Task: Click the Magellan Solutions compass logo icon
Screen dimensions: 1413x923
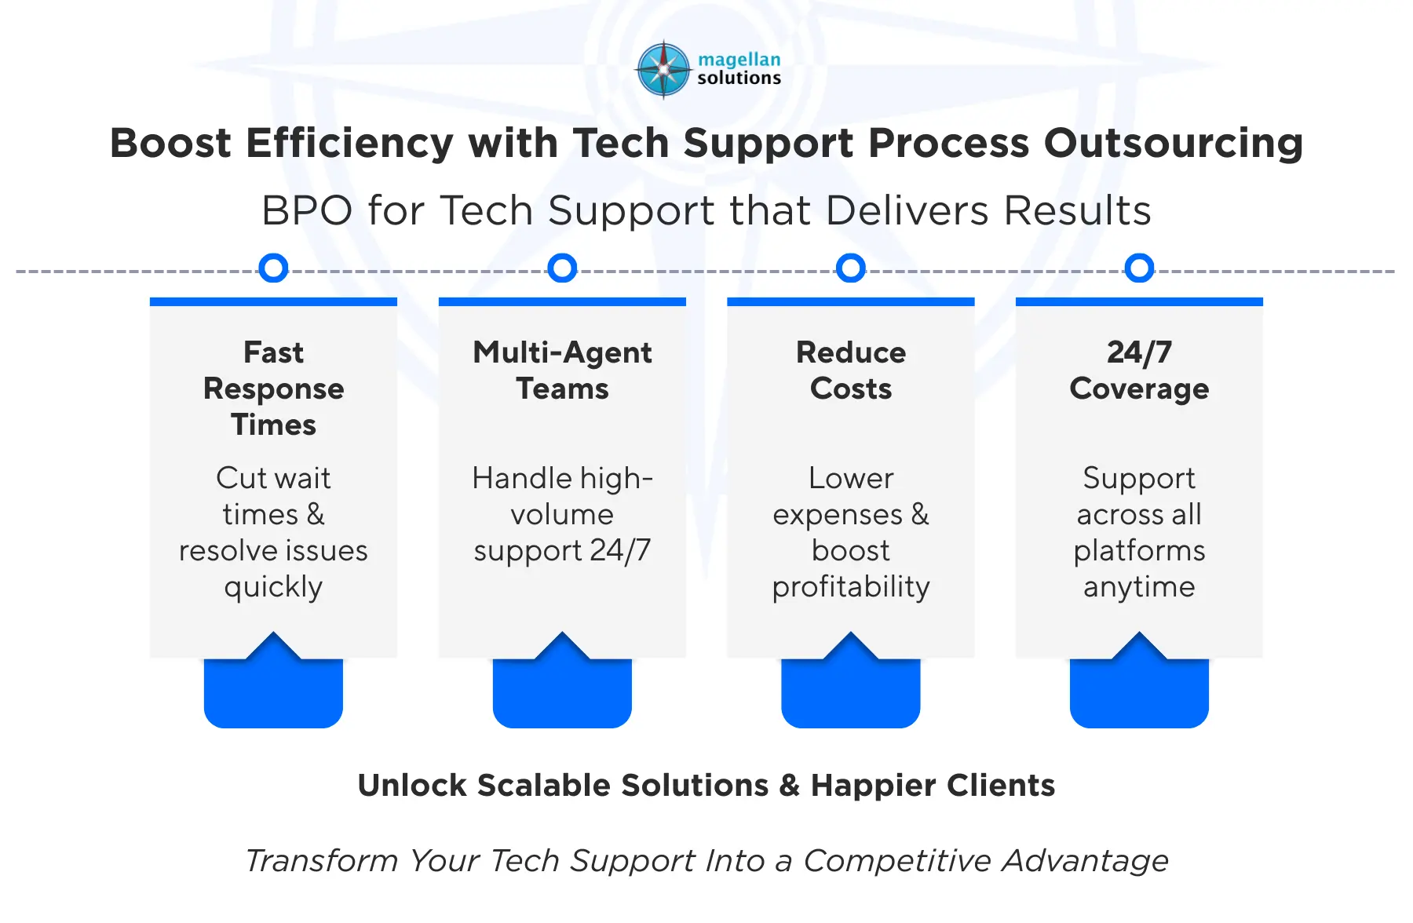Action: point(664,70)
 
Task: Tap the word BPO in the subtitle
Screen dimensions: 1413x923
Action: point(307,211)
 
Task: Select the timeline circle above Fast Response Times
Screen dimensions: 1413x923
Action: point(273,268)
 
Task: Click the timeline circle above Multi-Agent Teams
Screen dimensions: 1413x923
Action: point(562,268)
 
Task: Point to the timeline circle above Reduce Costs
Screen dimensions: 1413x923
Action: point(851,268)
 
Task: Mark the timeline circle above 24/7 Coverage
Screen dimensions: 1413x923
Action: point(1139,268)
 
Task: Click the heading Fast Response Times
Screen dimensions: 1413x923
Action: point(273,389)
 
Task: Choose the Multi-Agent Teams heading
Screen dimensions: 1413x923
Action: point(562,370)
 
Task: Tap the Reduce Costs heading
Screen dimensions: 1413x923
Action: point(851,370)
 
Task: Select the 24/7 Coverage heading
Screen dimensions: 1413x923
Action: point(1139,370)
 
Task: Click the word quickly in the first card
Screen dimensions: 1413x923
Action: point(273,588)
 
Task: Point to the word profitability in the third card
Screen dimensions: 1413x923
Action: point(851,588)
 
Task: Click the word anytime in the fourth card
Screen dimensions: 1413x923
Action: point(1139,588)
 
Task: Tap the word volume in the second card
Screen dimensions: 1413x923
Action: point(562,515)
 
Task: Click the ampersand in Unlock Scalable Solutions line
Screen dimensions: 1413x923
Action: point(790,786)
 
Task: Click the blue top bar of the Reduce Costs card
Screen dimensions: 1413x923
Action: point(851,301)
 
